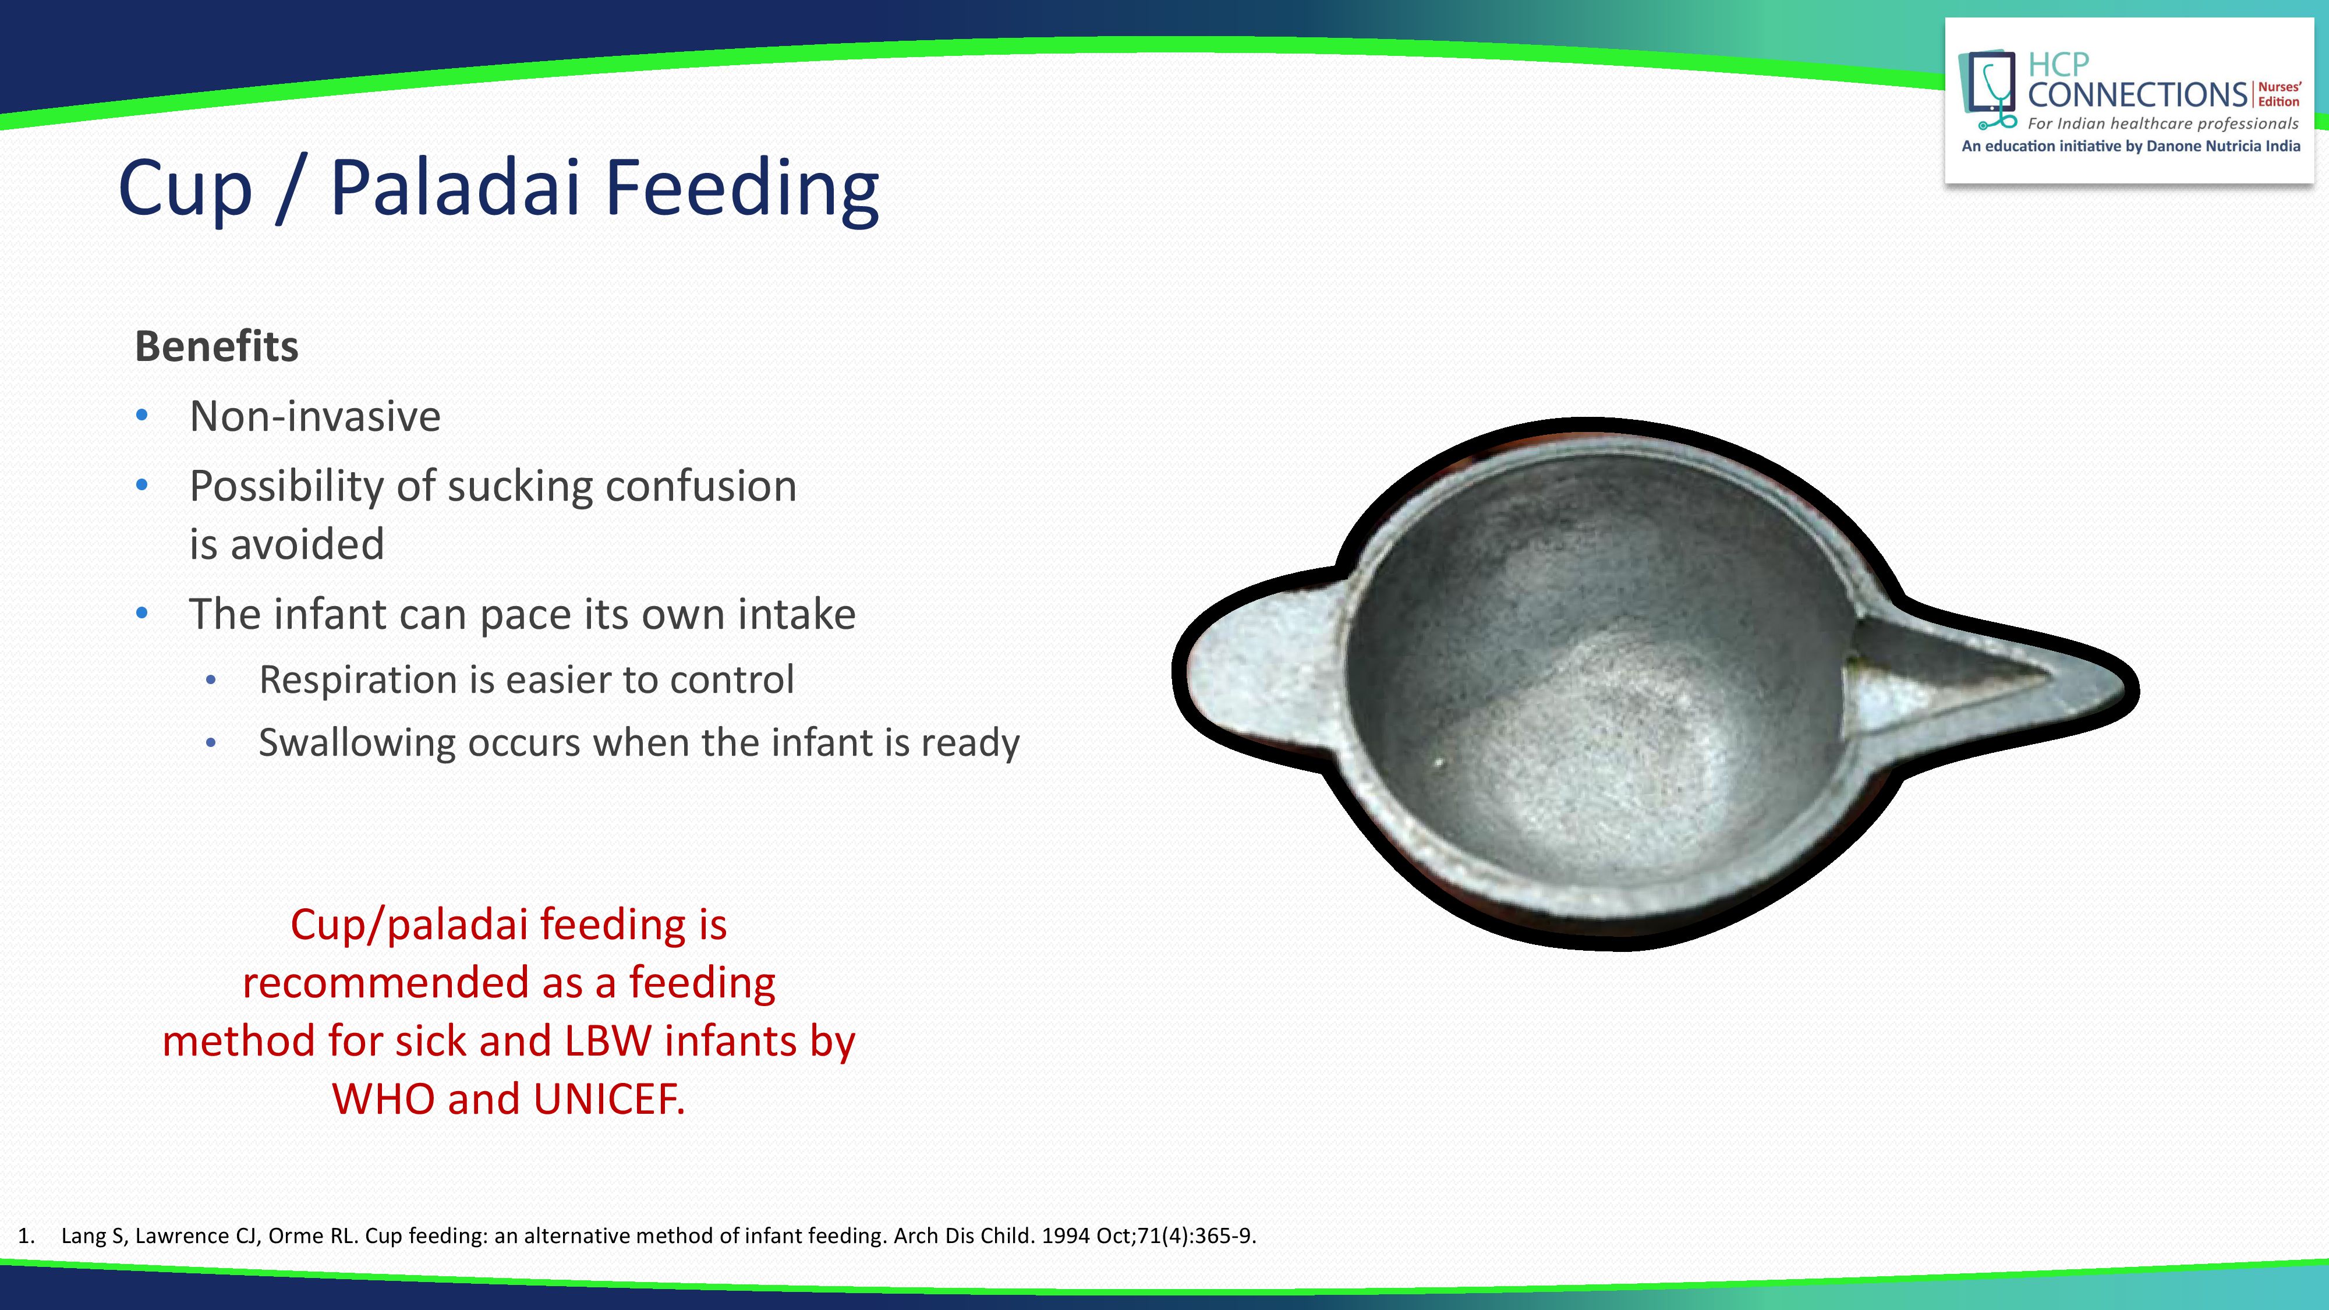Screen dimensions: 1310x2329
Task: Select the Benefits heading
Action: [x=216, y=346]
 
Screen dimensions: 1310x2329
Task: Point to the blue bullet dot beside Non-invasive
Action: [x=142, y=416]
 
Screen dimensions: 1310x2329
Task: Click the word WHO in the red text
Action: [x=383, y=1099]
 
